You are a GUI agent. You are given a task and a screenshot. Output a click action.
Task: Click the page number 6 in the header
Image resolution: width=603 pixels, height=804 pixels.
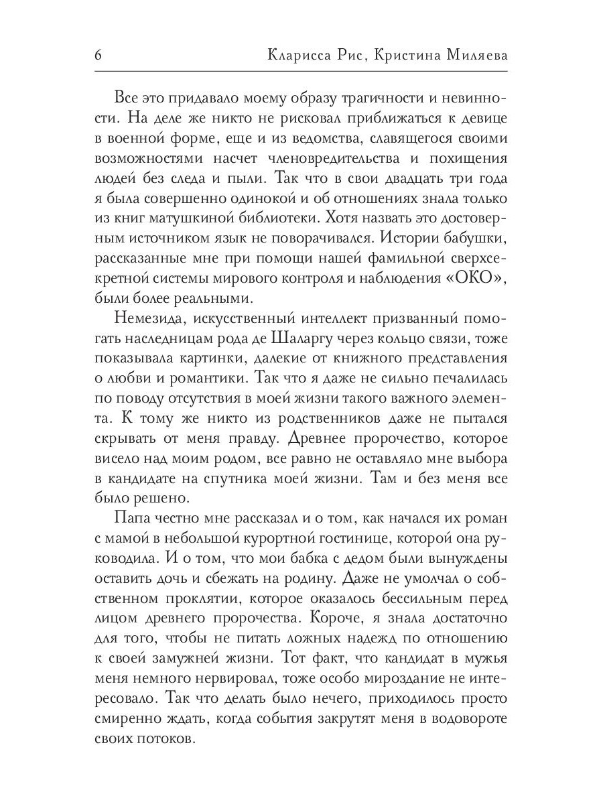click(x=98, y=56)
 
